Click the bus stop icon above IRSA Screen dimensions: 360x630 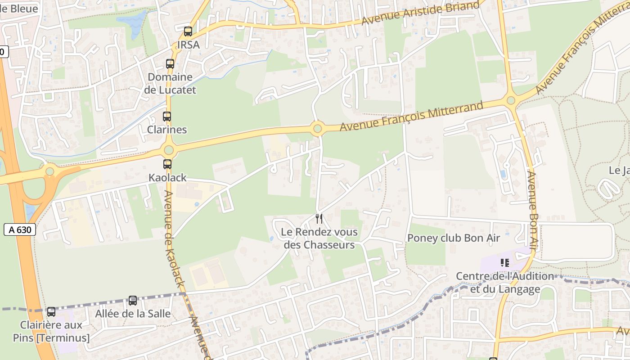coord(188,31)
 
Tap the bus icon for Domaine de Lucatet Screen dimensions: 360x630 coord(170,64)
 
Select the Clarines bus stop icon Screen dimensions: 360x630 coord(167,117)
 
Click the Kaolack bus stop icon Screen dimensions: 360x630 coord(167,164)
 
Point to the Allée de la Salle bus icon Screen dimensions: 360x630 coord(133,300)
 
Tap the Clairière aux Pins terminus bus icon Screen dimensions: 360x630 coord(51,311)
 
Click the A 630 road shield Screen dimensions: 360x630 coord(20,229)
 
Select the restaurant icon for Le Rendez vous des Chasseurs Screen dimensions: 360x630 coord(319,219)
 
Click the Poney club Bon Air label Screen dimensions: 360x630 coord(453,238)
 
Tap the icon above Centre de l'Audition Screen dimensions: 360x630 coord(504,262)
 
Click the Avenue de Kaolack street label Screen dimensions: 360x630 coord(175,238)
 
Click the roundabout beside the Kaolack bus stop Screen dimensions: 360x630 coord(169,150)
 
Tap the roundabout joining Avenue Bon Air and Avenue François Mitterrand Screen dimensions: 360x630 coord(511,100)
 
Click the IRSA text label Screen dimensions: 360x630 coord(188,45)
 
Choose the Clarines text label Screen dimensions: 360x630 coord(167,130)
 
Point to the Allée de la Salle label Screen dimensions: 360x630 coord(133,313)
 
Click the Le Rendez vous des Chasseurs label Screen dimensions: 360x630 coord(319,238)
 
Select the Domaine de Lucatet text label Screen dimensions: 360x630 coord(172,83)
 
